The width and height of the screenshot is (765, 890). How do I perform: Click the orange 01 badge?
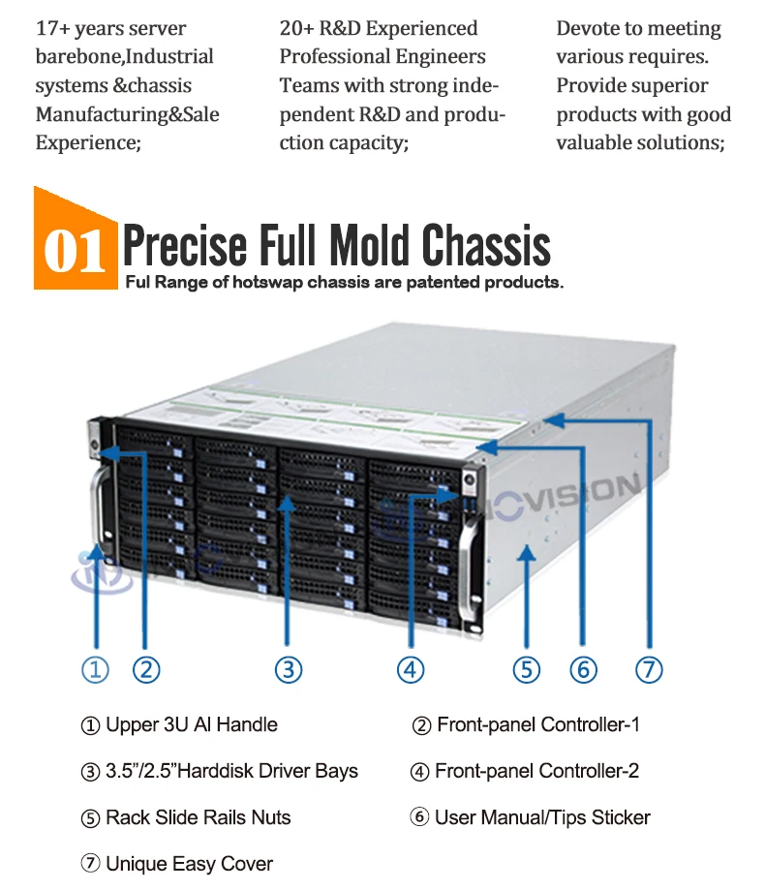click(76, 247)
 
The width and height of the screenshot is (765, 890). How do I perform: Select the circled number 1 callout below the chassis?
click(95, 669)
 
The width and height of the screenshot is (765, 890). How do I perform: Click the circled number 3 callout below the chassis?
click(289, 669)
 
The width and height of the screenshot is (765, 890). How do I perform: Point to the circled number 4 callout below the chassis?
click(411, 669)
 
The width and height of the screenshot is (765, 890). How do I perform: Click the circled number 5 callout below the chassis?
click(527, 669)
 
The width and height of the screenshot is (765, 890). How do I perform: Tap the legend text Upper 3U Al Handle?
click(191, 724)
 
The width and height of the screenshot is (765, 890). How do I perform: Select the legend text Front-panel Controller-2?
click(536, 771)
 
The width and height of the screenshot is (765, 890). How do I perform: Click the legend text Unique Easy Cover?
click(189, 864)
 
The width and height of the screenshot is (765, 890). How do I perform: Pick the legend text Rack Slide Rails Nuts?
click(198, 817)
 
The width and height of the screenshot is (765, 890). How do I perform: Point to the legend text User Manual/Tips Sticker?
click(542, 817)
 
